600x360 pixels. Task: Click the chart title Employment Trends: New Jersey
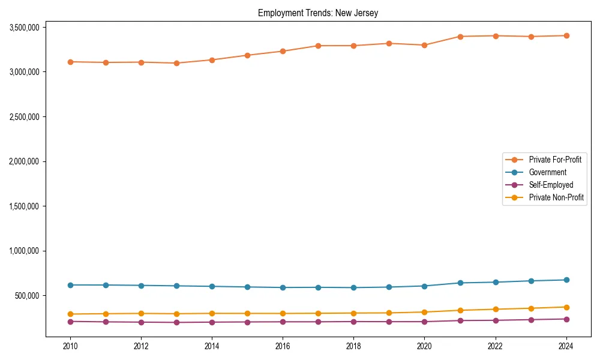pyautogui.click(x=318, y=13)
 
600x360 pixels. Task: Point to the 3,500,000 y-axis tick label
pyautogui.click(x=25, y=27)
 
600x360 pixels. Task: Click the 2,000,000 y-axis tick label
pyautogui.click(x=25, y=161)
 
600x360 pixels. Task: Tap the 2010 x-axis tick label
pyautogui.click(x=70, y=346)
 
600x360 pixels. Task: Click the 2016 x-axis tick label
pyautogui.click(x=283, y=346)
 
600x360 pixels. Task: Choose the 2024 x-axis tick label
pyautogui.click(x=566, y=346)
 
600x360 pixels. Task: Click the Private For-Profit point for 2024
pyautogui.click(x=566, y=35)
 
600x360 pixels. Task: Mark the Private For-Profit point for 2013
pyautogui.click(x=176, y=63)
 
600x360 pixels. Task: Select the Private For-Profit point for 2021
pyautogui.click(x=460, y=37)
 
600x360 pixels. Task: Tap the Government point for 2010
pyautogui.click(x=70, y=285)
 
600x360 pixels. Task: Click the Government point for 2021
pyautogui.click(x=460, y=283)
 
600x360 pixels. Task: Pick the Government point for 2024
pyautogui.click(x=566, y=280)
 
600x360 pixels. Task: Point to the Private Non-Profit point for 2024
pyautogui.click(x=566, y=307)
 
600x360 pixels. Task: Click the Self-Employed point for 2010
pyautogui.click(x=70, y=322)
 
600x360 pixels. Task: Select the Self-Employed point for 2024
pyautogui.click(x=566, y=319)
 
